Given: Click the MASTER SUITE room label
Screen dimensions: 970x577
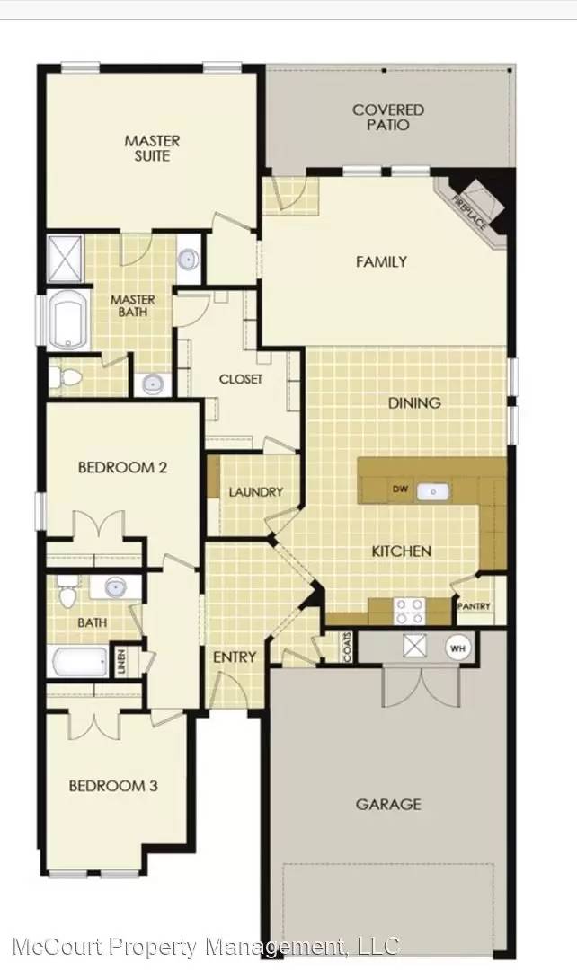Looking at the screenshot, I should click(x=152, y=148).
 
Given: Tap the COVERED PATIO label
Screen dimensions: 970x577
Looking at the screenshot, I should click(x=387, y=117).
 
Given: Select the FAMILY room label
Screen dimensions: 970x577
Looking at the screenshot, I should click(x=381, y=262).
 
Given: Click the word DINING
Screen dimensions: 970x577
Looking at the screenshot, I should click(x=414, y=403).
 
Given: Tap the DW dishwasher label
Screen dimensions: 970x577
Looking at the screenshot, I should click(x=401, y=489).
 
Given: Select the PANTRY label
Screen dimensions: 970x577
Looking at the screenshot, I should click(x=474, y=606).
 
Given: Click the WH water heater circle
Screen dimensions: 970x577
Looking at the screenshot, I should click(x=458, y=648).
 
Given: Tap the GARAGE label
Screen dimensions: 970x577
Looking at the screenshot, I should click(x=388, y=804).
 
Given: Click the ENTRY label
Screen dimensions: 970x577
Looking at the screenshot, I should click(x=235, y=657).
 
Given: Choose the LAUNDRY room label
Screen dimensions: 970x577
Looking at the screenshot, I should click(x=255, y=491).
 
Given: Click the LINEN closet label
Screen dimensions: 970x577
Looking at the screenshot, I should click(x=120, y=663).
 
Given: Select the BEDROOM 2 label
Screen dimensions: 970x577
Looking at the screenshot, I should click(x=122, y=467).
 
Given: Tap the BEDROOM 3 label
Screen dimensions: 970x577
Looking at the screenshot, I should click(x=113, y=786).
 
